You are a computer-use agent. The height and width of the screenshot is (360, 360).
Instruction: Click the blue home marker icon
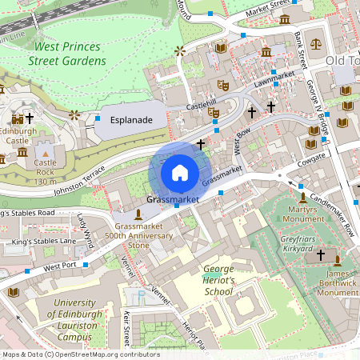(x=180, y=172)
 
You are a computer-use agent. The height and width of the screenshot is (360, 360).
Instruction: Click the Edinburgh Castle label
(x=18, y=135)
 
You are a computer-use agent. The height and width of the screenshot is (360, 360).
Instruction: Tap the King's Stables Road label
(x=27, y=214)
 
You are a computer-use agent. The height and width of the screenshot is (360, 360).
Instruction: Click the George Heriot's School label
(x=218, y=281)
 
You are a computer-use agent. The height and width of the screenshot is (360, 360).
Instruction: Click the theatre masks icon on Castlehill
(x=214, y=112)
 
